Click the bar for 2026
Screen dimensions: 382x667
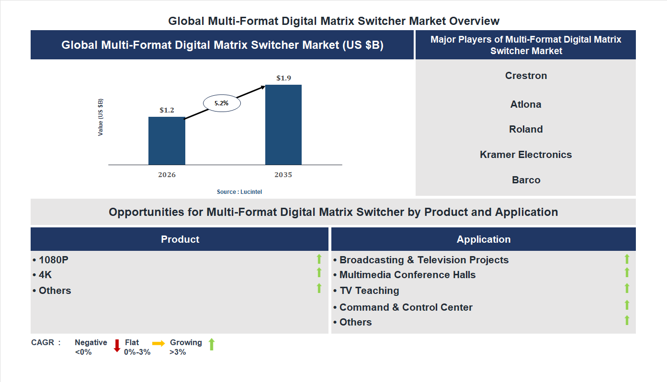pyautogui.click(x=167, y=141)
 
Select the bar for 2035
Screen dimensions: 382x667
pyautogui.click(x=283, y=125)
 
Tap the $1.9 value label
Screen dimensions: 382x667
pyautogui.click(x=283, y=78)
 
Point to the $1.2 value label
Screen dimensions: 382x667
pyautogui.click(x=167, y=110)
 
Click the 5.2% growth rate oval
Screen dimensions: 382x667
pyautogui.click(x=221, y=103)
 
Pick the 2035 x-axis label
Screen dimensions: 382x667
pyautogui.click(x=283, y=175)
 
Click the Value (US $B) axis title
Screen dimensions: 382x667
pyautogui.click(x=101, y=117)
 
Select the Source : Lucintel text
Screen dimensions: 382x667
pyautogui.click(x=239, y=191)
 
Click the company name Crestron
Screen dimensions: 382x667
pyautogui.click(x=526, y=76)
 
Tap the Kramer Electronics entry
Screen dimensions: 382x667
pyautogui.click(x=526, y=155)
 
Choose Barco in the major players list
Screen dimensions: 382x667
pyautogui.click(x=526, y=180)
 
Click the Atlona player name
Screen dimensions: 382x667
pyautogui.click(x=526, y=104)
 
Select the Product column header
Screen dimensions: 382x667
pyautogui.click(x=180, y=239)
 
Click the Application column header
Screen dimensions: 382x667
pyautogui.click(x=484, y=239)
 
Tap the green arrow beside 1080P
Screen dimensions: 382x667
pyautogui.click(x=319, y=259)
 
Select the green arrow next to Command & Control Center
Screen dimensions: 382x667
pyautogui.click(x=627, y=305)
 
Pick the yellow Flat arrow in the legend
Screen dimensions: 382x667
pyautogui.click(x=158, y=343)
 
